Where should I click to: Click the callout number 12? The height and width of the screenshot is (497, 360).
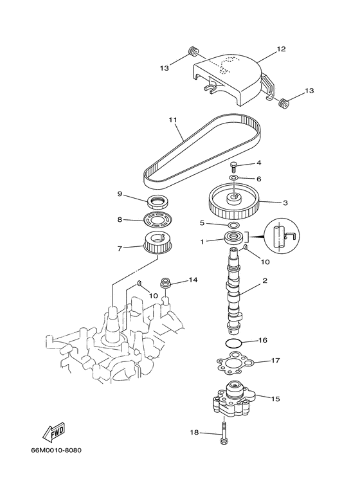click(x=281, y=49)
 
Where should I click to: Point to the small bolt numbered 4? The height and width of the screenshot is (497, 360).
click(x=234, y=165)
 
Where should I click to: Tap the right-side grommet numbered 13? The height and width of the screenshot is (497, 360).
click(x=283, y=102)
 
